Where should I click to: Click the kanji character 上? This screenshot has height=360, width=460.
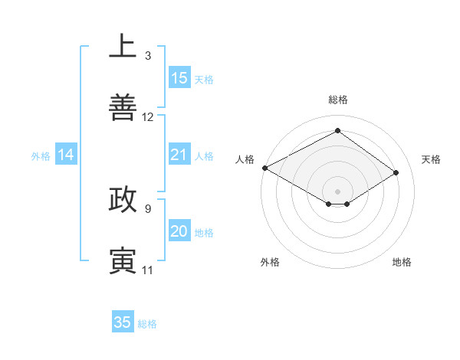point(123,47)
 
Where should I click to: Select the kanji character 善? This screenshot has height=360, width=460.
point(123,108)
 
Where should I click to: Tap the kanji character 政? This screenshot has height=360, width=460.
point(123,199)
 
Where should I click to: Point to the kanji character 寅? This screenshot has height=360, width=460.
point(123,260)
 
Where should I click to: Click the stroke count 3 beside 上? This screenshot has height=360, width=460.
point(147,56)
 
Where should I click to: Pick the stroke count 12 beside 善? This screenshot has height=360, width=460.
point(148,117)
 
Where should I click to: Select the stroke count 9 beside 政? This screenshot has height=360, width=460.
point(147,208)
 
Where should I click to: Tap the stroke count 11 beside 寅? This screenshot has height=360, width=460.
point(147,270)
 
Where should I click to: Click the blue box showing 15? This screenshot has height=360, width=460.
point(179,78)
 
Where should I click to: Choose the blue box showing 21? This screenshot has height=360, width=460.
point(179,155)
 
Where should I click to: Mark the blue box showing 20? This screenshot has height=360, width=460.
point(179,231)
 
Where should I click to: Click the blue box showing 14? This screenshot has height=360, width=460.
point(66,155)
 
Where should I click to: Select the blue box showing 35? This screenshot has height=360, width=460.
point(123,322)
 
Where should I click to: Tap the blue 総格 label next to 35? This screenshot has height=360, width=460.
point(147,324)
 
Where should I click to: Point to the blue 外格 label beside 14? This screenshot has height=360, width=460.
point(41,156)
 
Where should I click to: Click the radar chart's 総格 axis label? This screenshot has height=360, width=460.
point(337,100)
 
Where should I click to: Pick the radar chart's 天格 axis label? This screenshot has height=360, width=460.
point(431,159)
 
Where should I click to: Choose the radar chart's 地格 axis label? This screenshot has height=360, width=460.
point(402,262)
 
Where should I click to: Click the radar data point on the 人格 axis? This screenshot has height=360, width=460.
point(264,168)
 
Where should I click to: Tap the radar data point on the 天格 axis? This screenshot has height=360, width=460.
point(396,173)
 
